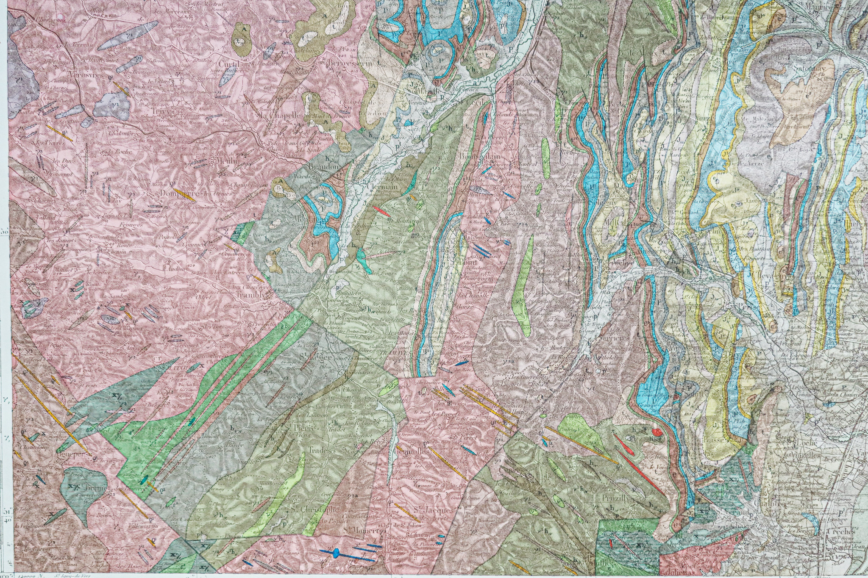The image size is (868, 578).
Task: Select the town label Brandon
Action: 324,166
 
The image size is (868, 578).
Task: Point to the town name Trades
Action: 321,450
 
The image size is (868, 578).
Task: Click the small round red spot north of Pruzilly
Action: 657,432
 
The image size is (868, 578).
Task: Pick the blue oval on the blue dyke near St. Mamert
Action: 336,553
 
